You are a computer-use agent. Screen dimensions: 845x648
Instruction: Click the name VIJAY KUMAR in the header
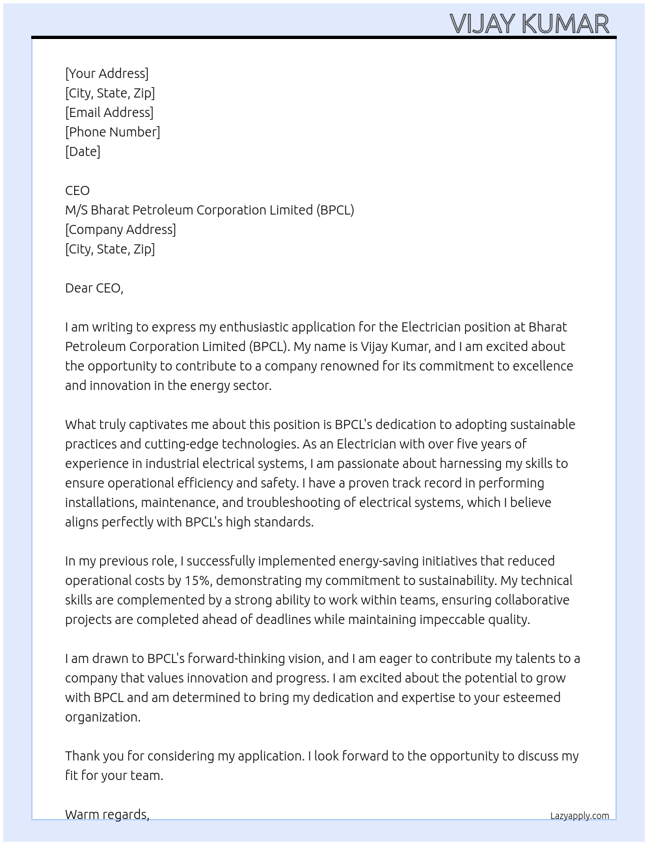coord(530,23)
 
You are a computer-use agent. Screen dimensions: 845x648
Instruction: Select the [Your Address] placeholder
coord(107,73)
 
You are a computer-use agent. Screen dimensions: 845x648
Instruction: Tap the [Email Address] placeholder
coord(109,112)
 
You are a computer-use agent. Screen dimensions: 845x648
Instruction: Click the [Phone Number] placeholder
coord(113,132)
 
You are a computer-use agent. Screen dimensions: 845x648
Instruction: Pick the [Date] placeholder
coord(83,151)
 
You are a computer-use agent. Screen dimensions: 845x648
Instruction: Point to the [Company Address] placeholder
coord(120,229)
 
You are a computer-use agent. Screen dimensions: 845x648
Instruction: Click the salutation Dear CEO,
coord(94,288)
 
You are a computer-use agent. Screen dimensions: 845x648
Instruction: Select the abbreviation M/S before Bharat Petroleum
coord(76,210)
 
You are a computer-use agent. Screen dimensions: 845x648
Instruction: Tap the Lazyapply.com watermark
coord(579,816)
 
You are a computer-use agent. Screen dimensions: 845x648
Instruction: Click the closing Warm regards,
coord(107,814)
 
